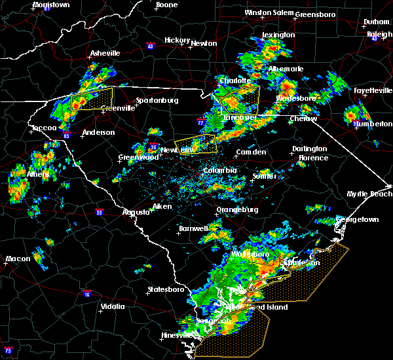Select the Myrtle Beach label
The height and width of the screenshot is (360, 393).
tap(369, 194)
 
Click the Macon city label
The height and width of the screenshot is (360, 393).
tap(18, 259)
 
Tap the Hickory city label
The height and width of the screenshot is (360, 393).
tap(177, 40)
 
